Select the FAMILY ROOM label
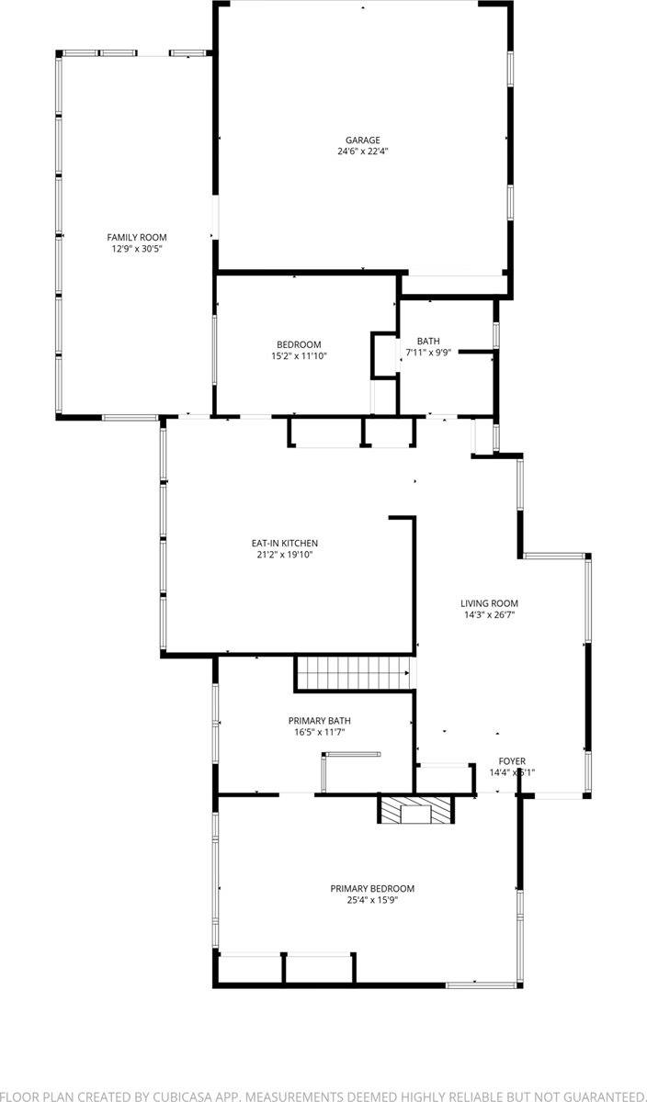137,238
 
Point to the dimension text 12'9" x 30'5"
137,249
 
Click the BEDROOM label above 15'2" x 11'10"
299,344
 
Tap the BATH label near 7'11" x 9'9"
428,341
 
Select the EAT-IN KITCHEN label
287,544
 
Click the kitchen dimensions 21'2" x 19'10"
287,555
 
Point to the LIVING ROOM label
489,603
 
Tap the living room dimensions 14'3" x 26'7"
489,615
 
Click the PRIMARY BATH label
319,721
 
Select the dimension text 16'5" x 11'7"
319,733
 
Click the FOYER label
512,761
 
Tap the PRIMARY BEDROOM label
372,888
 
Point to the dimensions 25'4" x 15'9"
372,900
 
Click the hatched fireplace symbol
417,810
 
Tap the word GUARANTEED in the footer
593,1096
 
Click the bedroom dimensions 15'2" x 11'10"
299,356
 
